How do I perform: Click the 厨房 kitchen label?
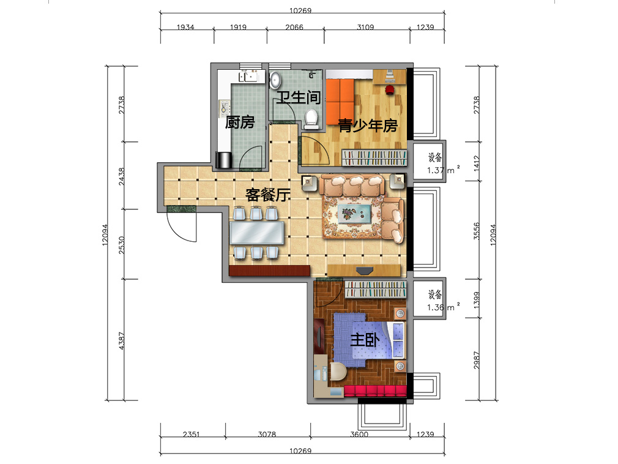point(240,122)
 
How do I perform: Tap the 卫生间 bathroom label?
point(299,97)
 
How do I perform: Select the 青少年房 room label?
point(368,125)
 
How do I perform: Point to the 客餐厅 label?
point(267,194)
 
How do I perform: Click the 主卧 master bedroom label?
point(365,339)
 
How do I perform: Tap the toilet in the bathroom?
point(311,119)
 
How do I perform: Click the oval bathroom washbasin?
point(275,80)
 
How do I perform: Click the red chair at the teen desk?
point(390,89)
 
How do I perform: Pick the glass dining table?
point(256,233)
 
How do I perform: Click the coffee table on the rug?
point(354,214)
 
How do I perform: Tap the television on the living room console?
point(365,270)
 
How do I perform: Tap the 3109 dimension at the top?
point(365,27)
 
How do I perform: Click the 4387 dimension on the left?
point(121,340)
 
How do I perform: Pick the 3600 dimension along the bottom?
point(359,434)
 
